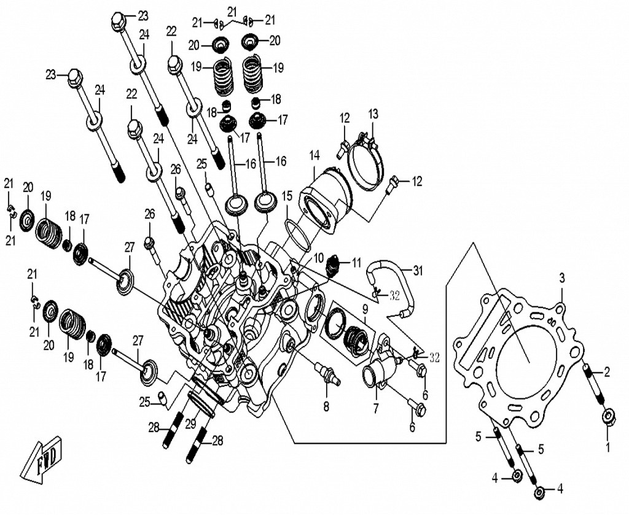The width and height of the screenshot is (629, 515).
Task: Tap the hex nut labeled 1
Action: point(609,417)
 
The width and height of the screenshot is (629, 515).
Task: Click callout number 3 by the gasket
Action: point(561,277)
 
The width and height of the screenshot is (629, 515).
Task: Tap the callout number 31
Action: point(418,269)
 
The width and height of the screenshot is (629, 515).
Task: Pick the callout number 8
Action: point(326,406)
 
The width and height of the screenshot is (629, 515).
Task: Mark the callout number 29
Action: point(190,423)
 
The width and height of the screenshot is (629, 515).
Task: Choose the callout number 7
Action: point(375,407)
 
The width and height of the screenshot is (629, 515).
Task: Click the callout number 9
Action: point(365,308)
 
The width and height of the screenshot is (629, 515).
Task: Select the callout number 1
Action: point(608,447)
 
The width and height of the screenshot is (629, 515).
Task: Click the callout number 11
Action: point(356,263)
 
